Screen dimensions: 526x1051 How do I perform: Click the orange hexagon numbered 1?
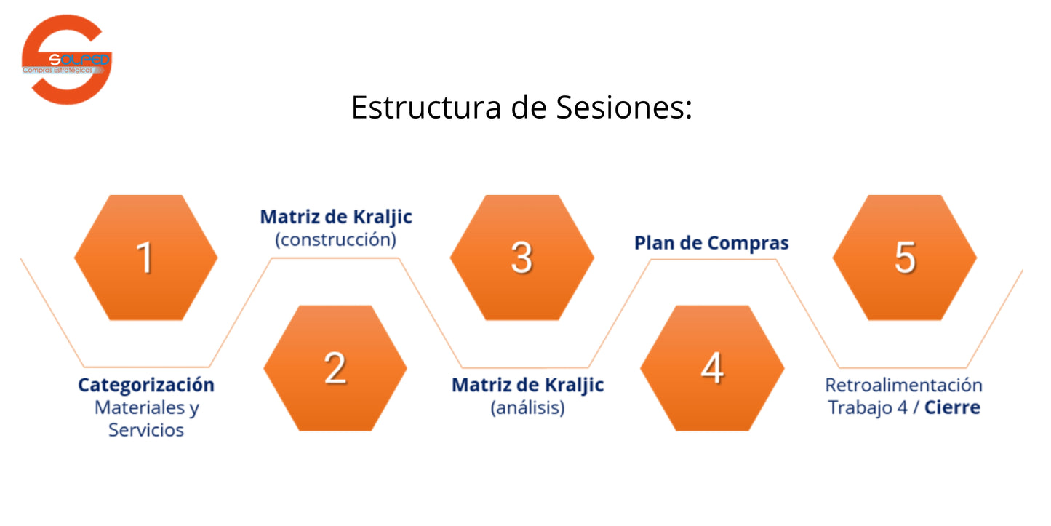[145, 258]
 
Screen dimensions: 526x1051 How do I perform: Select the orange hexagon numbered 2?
[335, 367]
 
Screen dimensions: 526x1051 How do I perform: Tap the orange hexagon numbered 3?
[521, 258]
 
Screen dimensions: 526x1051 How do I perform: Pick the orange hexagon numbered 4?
[711, 367]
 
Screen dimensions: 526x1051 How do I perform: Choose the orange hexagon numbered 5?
[904, 258]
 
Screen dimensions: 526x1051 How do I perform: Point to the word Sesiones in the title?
[623, 108]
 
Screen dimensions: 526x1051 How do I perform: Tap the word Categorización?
[146, 384]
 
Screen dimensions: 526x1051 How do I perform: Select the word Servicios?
[146, 429]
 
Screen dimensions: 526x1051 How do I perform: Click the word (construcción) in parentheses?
[335, 239]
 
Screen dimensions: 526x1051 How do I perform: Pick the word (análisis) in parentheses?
[527, 407]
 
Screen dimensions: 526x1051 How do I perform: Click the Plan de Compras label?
[711, 243]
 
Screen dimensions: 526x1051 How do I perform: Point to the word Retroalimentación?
[903, 384]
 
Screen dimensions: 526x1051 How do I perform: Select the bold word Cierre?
[952, 407]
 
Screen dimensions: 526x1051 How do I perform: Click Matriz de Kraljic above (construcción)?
[336, 217]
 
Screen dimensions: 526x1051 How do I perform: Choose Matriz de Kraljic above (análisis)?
[527, 384]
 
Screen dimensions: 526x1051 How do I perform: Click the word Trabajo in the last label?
[860, 407]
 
